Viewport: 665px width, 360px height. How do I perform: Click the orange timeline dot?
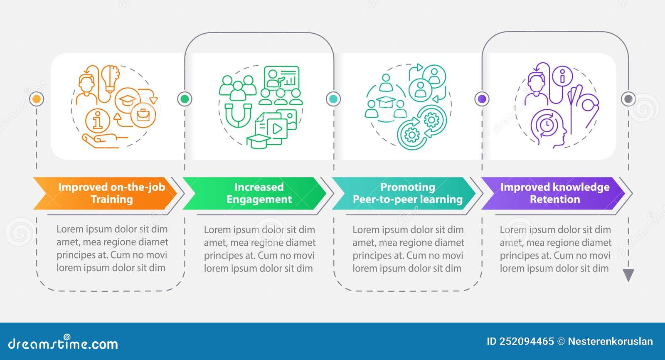tap(37, 99)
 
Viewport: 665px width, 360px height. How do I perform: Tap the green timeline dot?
tap(185, 99)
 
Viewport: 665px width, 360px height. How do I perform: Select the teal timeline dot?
tap(333, 99)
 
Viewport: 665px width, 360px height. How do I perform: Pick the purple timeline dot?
tap(482, 99)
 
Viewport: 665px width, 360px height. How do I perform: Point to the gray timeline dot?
tap(628, 99)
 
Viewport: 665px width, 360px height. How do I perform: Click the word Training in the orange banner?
tap(112, 199)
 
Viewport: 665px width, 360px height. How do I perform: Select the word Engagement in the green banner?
tap(259, 199)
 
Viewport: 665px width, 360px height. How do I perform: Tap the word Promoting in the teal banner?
tap(408, 187)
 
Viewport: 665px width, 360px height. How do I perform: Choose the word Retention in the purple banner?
tap(555, 199)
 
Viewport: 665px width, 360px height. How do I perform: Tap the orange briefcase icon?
tap(143, 115)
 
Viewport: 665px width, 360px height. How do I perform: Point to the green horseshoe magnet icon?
tap(238, 115)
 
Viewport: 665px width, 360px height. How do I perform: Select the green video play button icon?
tap(277, 129)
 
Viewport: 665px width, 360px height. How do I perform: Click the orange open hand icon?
tap(104, 141)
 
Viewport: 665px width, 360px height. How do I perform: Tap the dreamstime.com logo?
tap(63, 343)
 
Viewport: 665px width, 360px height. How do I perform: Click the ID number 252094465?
tap(526, 342)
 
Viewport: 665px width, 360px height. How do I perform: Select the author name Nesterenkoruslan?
tap(611, 342)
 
